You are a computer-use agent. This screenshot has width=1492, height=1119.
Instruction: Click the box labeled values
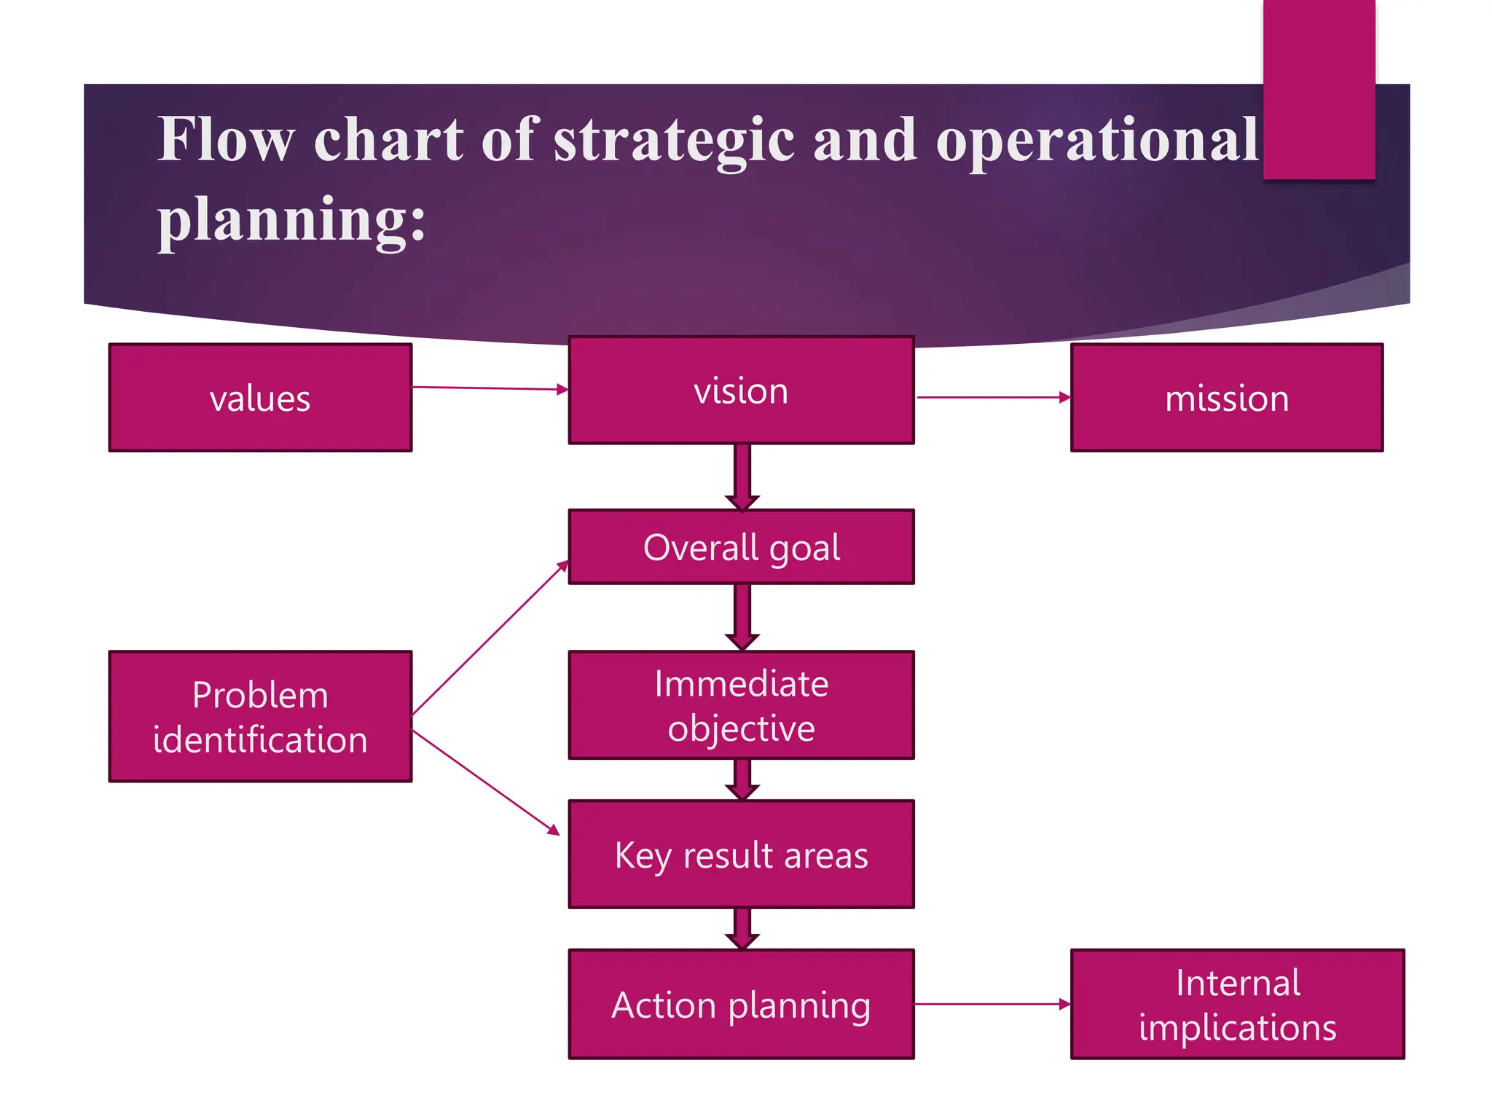pyautogui.click(x=260, y=398)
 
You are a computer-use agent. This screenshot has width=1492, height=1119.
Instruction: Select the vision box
pyautogui.click(x=741, y=390)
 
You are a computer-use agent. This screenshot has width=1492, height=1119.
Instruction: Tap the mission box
pyautogui.click(x=1227, y=398)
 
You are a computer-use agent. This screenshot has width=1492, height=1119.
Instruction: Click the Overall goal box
pyautogui.click(x=741, y=547)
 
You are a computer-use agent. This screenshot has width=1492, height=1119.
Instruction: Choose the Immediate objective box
pyautogui.click(x=741, y=705)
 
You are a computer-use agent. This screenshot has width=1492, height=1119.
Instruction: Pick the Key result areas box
pyautogui.click(x=741, y=855)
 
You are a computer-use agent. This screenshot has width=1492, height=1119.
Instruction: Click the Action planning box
pyautogui.click(x=741, y=1004)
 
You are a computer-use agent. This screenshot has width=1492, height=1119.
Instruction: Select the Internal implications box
pyautogui.click(x=1237, y=1004)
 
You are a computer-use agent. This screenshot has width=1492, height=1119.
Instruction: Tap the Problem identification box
pyautogui.click(x=260, y=717)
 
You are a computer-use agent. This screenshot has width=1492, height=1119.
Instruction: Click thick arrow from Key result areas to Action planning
pyautogui.click(x=742, y=927)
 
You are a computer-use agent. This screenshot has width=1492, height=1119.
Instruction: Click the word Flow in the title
pyautogui.click(x=226, y=140)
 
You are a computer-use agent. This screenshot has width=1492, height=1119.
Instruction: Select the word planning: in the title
pyautogui.click(x=291, y=220)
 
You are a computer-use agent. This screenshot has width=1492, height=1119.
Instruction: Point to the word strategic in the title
pyautogui.click(x=674, y=140)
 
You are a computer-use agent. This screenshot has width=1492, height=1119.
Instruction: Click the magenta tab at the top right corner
pyautogui.click(x=1319, y=87)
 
